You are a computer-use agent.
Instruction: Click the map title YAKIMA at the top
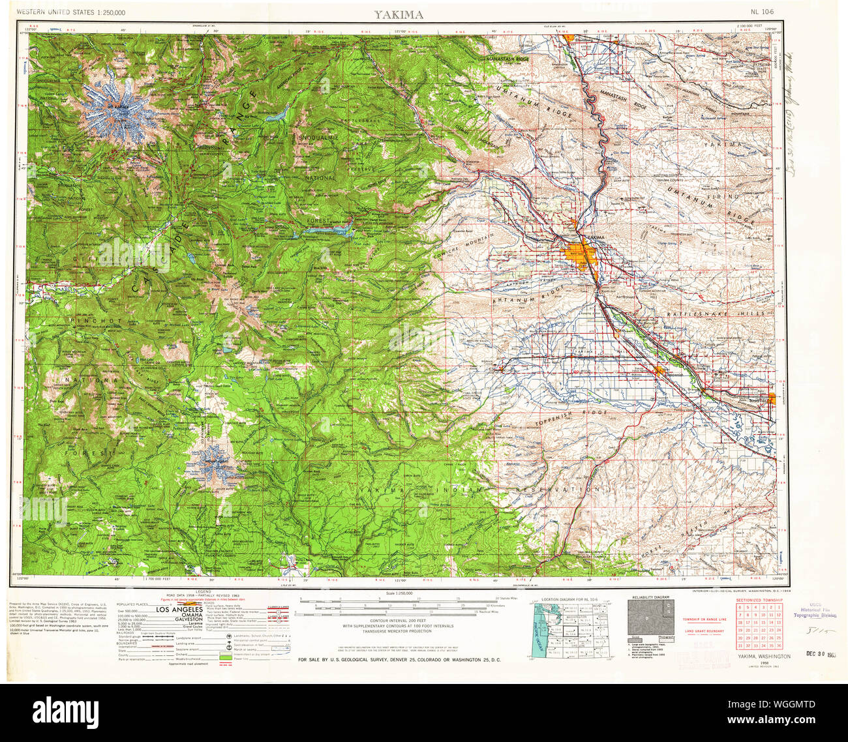398,14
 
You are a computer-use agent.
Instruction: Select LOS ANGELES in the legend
179,610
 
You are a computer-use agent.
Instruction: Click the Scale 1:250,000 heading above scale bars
397,593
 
